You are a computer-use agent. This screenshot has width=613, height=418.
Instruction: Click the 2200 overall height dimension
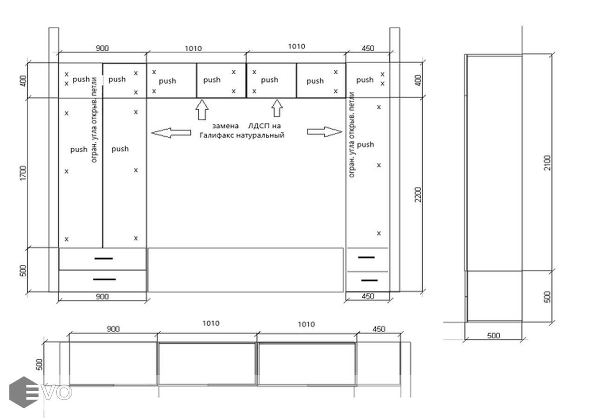tap(418, 194)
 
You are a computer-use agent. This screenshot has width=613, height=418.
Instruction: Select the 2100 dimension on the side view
tap(547, 163)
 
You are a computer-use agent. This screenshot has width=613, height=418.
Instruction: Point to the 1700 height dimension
tap(24, 173)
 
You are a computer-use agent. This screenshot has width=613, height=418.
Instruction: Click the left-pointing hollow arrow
tap(171, 133)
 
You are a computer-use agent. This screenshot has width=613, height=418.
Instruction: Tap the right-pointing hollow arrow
tap(325, 131)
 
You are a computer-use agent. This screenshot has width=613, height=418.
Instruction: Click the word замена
tap(225, 126)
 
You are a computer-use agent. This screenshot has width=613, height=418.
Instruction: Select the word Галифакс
tap(217, 135)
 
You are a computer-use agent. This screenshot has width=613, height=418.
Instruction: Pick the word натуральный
tap(260, 135)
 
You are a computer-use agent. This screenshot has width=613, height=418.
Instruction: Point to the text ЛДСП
tap(257, 126)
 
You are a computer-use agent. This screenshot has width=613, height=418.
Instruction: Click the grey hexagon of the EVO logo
tap(24, 392)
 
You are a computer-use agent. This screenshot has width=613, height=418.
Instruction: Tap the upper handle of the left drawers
tap(104, 258)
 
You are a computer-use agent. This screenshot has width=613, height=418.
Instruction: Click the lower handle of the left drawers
tap(104, 279)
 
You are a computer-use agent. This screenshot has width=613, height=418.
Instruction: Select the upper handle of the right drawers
tap(366, 257)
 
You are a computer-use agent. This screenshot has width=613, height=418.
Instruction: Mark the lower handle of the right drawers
tap(369, 281)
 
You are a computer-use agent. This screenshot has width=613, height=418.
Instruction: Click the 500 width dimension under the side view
tap(493, 335)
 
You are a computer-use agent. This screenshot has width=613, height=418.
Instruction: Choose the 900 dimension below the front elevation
tap(102, 296)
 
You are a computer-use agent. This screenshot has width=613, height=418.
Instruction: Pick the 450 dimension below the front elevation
tap(368, 296)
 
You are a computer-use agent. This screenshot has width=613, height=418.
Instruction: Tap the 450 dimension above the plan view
tap(379, 329)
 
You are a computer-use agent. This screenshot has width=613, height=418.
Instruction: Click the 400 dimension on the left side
tap(24, 81)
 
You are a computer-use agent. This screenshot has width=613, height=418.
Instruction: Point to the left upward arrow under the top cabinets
tap(202, 110)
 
